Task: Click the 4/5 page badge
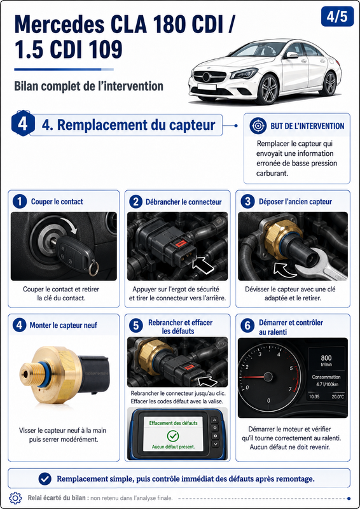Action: click(x=337, y=17)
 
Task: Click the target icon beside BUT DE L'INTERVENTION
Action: click(x=258, y=125)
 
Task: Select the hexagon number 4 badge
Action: click(x=23, y=124)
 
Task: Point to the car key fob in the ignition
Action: click(x=74, y=252)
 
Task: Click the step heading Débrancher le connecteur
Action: click(x=183, y=202)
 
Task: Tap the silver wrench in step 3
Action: click(x=320, y=267)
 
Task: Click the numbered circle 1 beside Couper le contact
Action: click(x=20, y=202)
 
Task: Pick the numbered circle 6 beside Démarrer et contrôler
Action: click(x=247, y=326)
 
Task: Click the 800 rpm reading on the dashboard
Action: click(x=326, y=358)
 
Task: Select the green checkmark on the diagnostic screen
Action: click(x=173, y=435)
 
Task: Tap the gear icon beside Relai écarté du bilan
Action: click(x=15, y=498)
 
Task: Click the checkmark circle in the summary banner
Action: click(x=45, y=478)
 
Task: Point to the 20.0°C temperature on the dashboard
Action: click(x=338, y=396)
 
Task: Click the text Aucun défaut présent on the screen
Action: click(x=174, y=447)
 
